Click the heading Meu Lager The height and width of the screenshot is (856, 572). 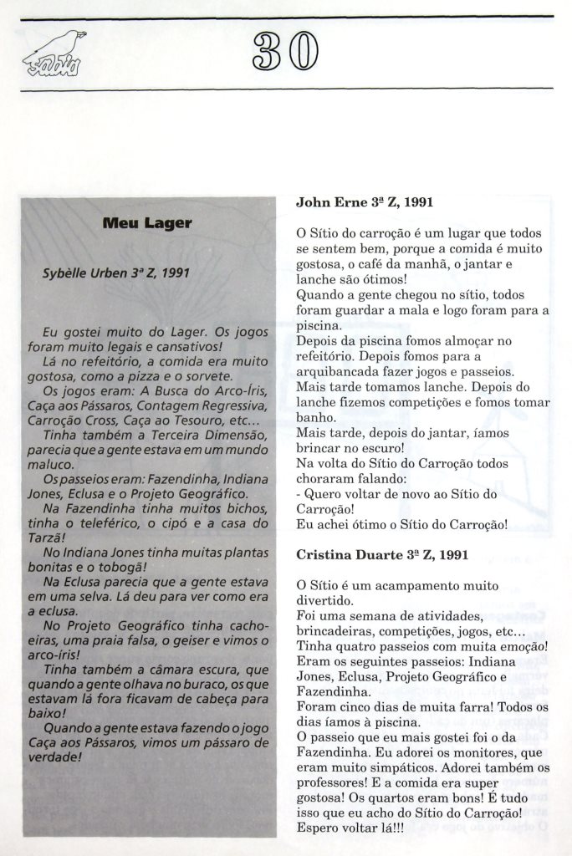(x=147, y=222)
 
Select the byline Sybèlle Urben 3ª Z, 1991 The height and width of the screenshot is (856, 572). (x=117, y=273)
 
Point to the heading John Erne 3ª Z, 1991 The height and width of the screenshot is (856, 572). (x=364, y=202)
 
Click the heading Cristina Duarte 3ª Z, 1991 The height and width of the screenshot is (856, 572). (x=382, y=554)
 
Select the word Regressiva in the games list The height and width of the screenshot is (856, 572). (x=235, y=405)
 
